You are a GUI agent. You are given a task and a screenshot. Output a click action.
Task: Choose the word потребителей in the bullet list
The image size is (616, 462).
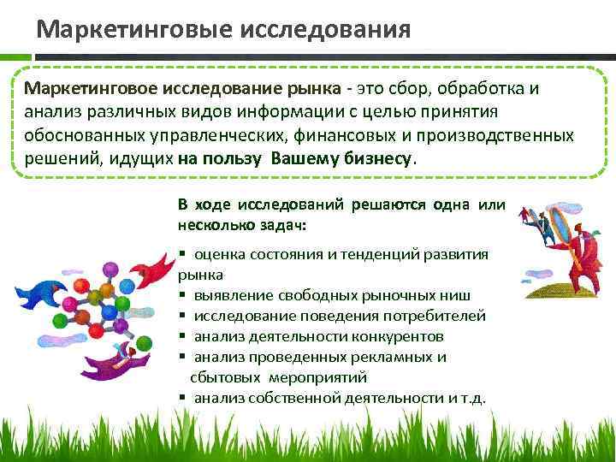coord(437,316)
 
